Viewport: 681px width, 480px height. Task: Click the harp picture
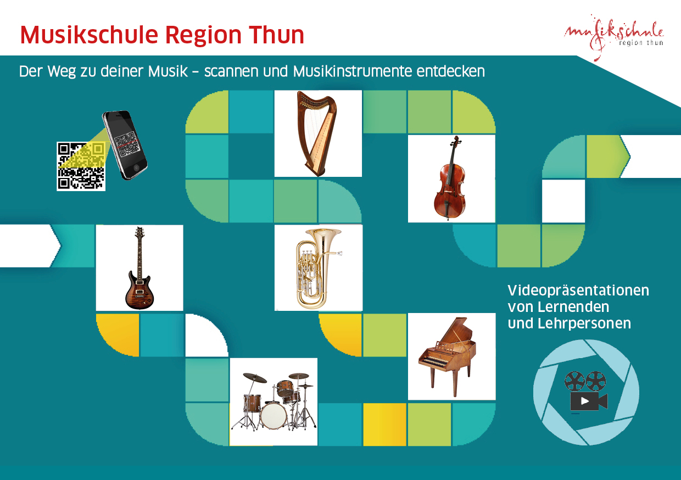click(x=317, y=133)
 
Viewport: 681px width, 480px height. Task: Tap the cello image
click(x=450, y=178)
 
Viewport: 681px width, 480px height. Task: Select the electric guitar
click(x=139, y=268)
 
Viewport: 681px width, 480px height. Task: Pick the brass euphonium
click(x=317, y=267)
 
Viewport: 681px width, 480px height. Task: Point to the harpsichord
click(x=451, y=356)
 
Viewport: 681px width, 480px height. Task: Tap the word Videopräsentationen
click(x=578, y=290)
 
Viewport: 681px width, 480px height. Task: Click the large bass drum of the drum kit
click(x=273, y=416)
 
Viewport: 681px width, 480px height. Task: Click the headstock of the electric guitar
click(x=139, y=233)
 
